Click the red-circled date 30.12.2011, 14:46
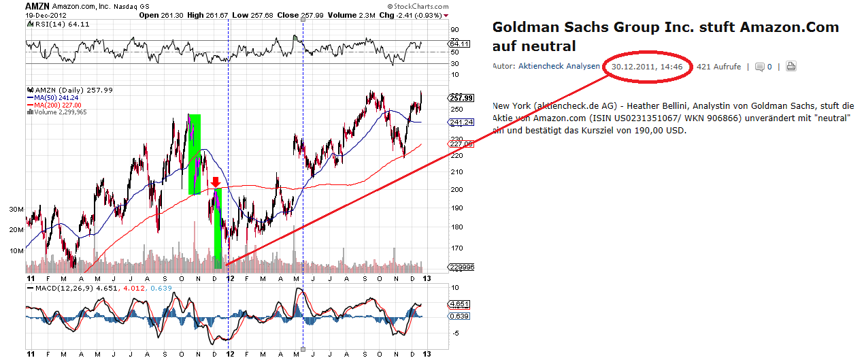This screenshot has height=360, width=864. coord(648,67)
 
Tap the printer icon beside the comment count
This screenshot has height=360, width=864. coord(791,67)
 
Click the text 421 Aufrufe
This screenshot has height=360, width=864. coord(718,67)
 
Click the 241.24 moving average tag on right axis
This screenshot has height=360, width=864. coord(461,122)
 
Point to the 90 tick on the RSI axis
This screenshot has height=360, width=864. coord(454,29)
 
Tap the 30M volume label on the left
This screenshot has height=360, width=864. coord(16,210)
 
